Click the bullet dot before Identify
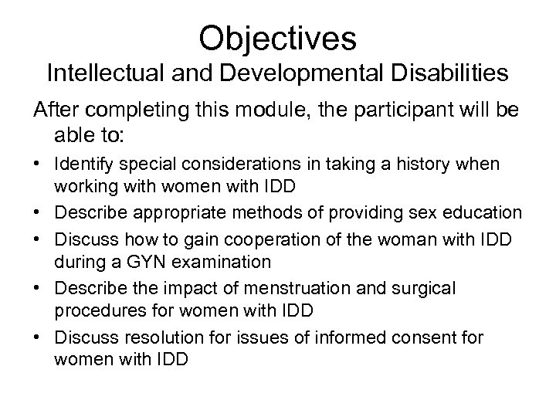pyautogui.click(x=38, y=165)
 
